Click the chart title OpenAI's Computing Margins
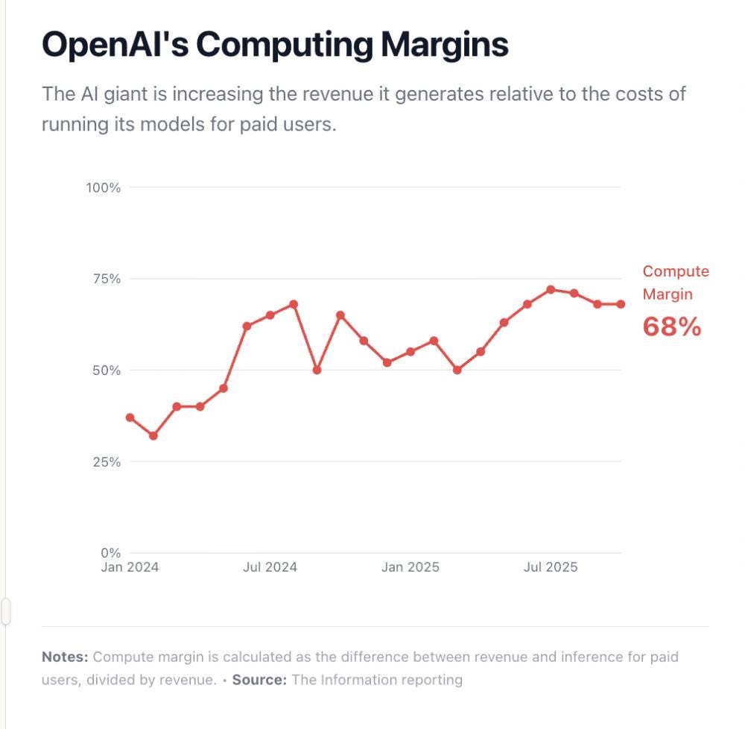pos(275,45)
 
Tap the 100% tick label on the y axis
pos(104,187)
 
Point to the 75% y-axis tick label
pos(107,279)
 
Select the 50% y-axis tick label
pos(107,370)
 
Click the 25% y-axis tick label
pos(107,462)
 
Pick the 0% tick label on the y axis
pos(110,553)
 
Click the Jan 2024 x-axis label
pos(130,567)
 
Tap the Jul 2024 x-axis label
pos(270,567)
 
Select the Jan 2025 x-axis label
pos(410,567)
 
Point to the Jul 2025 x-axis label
pos(551,567)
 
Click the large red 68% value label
pos(672,326)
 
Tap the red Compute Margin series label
pos(676,283)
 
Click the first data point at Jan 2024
pos(130,417)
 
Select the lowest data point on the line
pos(153,435)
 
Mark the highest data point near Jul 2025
pos(551,289)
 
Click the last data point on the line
pos(621,304)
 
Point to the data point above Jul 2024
pos(270,315)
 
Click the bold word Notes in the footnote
pos(65,657)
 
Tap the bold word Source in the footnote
pos(259,680)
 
